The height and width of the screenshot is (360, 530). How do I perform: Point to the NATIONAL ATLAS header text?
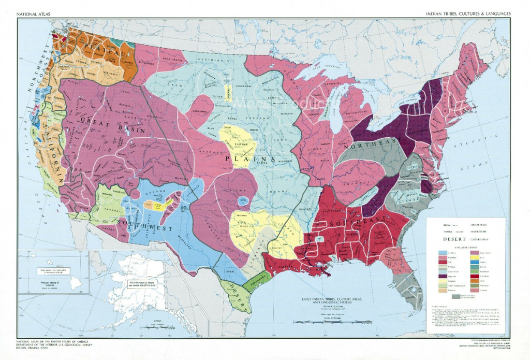pyautogui.click(x=34, y=13)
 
